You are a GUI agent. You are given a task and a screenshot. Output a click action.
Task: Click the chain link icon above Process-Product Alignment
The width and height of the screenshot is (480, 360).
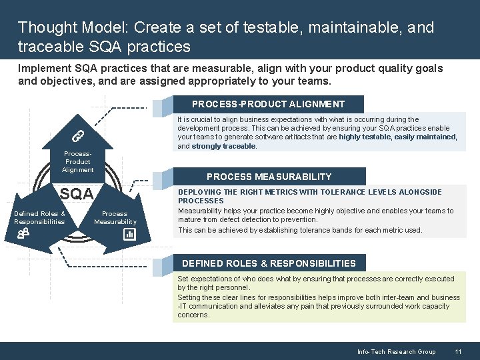pyautogui.click(x=77, y=135)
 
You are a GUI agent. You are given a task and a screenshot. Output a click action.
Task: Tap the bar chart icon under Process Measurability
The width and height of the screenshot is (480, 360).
pyautogui.click(x=129, y=234)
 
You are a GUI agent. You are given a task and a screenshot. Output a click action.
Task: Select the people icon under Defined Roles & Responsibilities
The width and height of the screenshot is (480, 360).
pyautogui.click(x=23, y=233)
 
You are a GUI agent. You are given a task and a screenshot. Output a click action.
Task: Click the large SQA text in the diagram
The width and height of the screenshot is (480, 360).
pyautogui.click(x=77, y=195)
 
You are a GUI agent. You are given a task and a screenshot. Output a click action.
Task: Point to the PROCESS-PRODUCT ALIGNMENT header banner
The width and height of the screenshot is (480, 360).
pyautogui.click(x=268, y=104)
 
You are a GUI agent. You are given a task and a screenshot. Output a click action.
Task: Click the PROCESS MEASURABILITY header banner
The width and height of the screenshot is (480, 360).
pyautogui.click(x=269, y=177)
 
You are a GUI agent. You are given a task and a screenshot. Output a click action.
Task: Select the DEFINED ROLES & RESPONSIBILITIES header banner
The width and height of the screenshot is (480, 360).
pyautogui.click(x=269, y=263)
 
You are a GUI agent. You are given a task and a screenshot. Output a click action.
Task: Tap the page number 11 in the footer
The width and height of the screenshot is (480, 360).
pyautogui.click(x=458, y=351)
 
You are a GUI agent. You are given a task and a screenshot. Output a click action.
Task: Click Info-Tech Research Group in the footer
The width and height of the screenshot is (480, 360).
pyautogui.click(x=396, y=351)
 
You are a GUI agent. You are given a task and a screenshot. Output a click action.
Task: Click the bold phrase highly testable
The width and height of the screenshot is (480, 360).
pyautogui.click(x=365, y=137)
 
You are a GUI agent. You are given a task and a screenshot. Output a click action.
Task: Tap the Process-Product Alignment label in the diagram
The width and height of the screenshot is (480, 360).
pyautogui.click(x=77, y=161)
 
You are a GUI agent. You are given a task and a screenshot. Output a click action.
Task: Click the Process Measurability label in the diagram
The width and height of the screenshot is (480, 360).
pyautogui.click(x=115, y=217)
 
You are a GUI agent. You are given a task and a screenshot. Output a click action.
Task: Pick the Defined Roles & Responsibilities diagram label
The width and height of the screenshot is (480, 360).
pyautogui.click(x=39, y=217)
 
